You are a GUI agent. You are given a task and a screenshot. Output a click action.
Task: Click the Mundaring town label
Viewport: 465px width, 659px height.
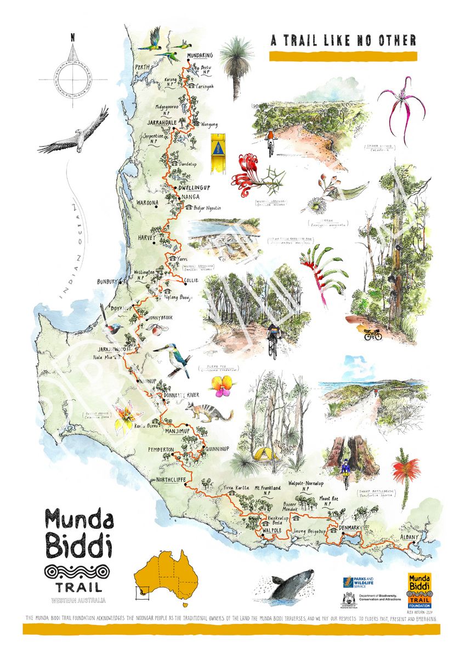click(200, 56)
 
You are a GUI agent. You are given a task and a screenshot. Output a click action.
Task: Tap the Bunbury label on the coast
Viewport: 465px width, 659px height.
click(108, 282)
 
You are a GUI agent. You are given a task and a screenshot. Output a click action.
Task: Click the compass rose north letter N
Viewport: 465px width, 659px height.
click(73, 38)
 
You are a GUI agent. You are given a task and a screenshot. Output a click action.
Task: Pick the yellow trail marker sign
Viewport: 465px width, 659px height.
click(218, 151)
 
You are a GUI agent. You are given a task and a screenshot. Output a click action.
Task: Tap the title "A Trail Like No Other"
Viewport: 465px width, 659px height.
click(343, 40)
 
